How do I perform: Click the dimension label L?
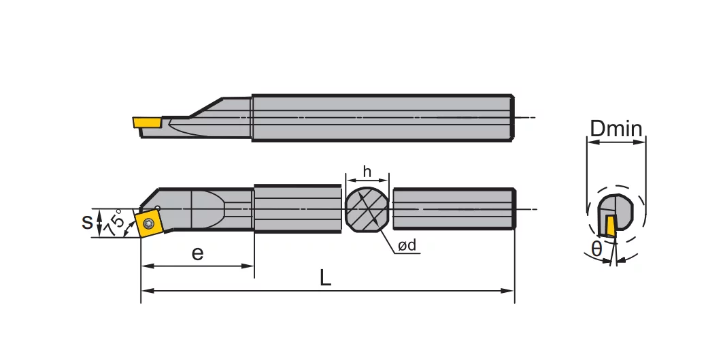[x=326, y=278]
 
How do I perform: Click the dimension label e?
[x=197, y=253]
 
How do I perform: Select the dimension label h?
[x=367, y=171]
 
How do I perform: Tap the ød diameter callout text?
[x=407, y=245]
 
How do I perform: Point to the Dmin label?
[x=616, y=129]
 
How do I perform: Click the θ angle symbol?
[x=596, y=249]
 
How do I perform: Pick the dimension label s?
[x=87, y=221]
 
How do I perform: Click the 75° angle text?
[x=114, y=222]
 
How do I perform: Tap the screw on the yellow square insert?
[x=148, y=224]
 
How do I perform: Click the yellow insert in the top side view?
[x=147, y=123]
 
